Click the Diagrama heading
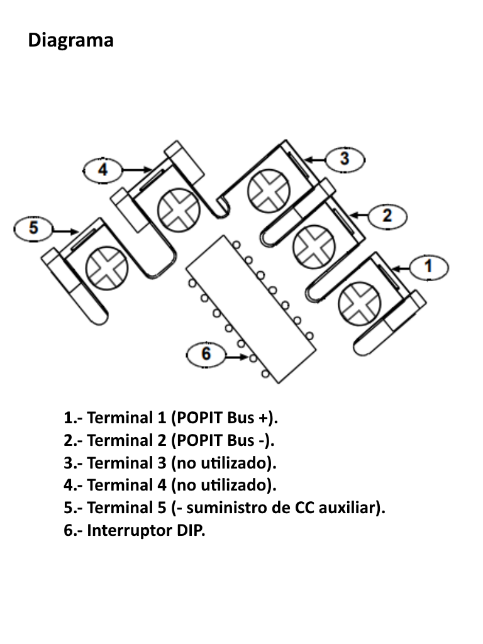click(x=71, y=41)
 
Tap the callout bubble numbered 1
click(x=428, y=267)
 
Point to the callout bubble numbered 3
click(x=344, y=159)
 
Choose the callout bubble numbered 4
click(x=103, y=169)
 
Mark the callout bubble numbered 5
click(x=33, y=228)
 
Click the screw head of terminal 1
click(x=358, y=304)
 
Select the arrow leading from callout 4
click(x=135, y=169)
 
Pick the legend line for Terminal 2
click(x=170, y=441)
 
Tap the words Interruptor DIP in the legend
click(x=146, y=531)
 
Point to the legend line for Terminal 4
click(x=170, y=486)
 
